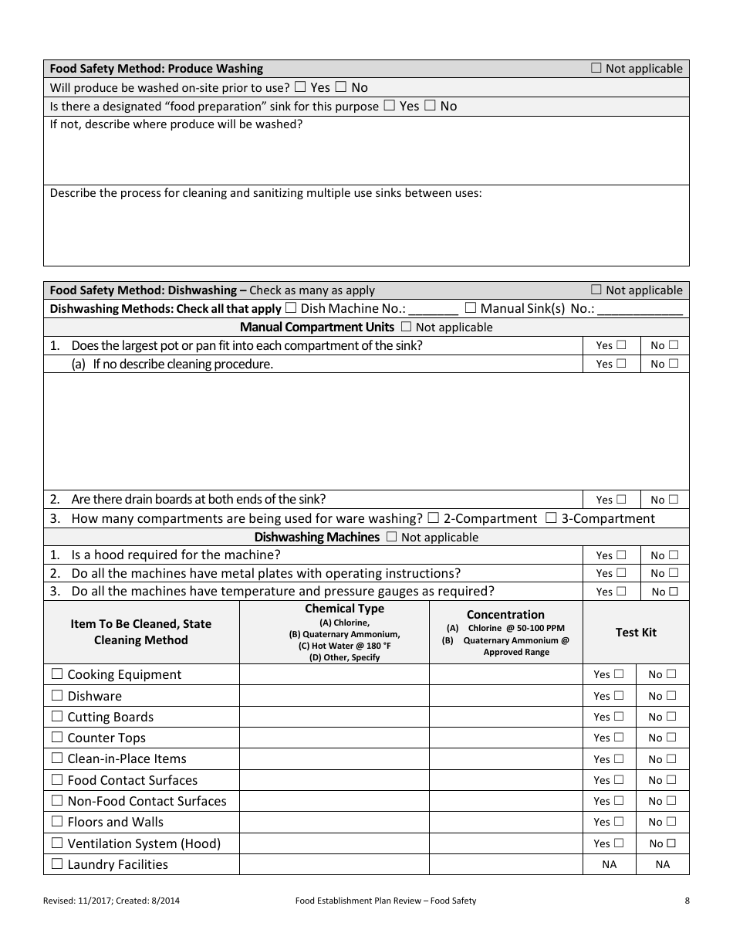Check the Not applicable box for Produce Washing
point(596,68)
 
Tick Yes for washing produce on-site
point(299,87)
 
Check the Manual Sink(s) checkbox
point(471,308)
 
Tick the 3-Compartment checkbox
point(551,518)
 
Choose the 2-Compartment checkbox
point(434,518)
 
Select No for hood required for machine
point(674,555)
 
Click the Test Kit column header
point(636,632)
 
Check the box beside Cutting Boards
point(57,717)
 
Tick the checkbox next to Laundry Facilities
point(57,864)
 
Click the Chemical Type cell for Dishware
point(334,696)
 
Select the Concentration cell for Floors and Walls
point(505,822)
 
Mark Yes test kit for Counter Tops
point(619,738)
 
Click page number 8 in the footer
point(687,901)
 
